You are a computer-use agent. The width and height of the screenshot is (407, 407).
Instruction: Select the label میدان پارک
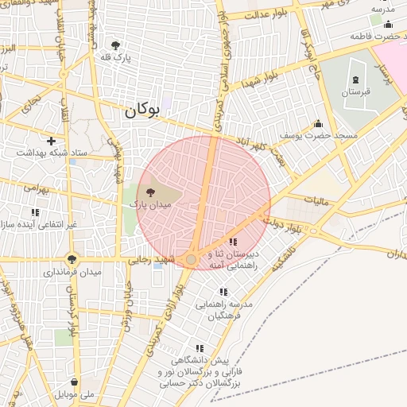pyautogui.click(x=151, y=205)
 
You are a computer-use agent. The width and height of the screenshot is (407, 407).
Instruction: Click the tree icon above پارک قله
pyautogui.click(x=115, y=45)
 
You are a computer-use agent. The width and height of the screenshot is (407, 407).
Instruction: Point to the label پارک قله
pyautogui.click(x=115, y=58)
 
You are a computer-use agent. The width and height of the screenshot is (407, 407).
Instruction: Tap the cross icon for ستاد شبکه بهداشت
pyautogui.click(x=52, y=140)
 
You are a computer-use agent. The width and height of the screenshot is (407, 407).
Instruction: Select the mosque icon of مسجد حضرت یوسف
pyautogui.click(x=319, y=123)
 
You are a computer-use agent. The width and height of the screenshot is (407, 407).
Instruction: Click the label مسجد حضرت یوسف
pyautogui.click(x=318, y=136)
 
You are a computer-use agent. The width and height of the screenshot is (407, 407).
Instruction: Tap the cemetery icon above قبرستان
pyautogui.click(x=355, y=79)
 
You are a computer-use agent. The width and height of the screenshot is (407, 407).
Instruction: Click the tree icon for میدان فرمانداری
pyautogui.click(x=72, y=259)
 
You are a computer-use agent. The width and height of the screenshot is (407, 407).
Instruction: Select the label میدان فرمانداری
pyautogui.click(x=72, y=273)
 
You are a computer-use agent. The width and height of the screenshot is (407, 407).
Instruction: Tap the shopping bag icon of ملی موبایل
pyautogui.click(x=75, y=381)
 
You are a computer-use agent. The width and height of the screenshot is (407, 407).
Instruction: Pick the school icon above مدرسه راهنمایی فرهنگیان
pyautogui.click(x=223, y=292)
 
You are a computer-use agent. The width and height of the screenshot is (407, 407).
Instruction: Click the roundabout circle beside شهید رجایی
pyautogui.click(x=191, y=259)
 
